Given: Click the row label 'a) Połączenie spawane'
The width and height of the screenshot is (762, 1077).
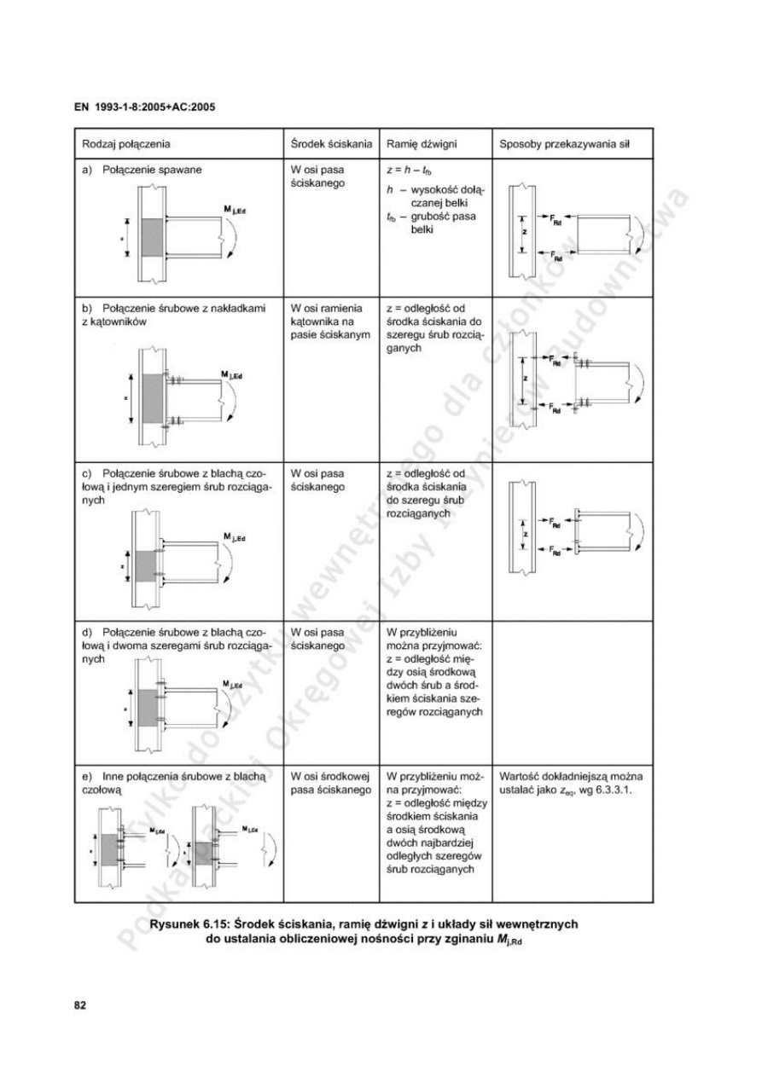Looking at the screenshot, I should point(142,170).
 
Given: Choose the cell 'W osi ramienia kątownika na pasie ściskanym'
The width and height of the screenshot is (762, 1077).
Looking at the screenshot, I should point(328,324).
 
